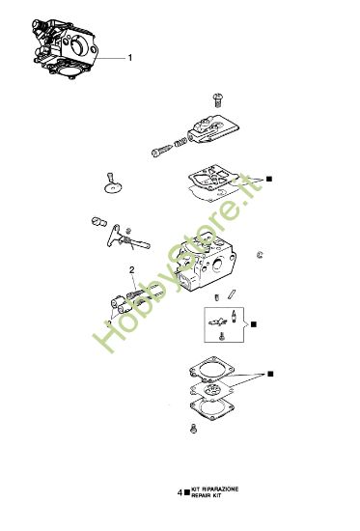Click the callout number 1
point(130,58)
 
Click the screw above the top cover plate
point(217,100)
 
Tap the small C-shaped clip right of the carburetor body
point(262,255)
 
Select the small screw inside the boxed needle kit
point(224,336)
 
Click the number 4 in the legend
point(180,493)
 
